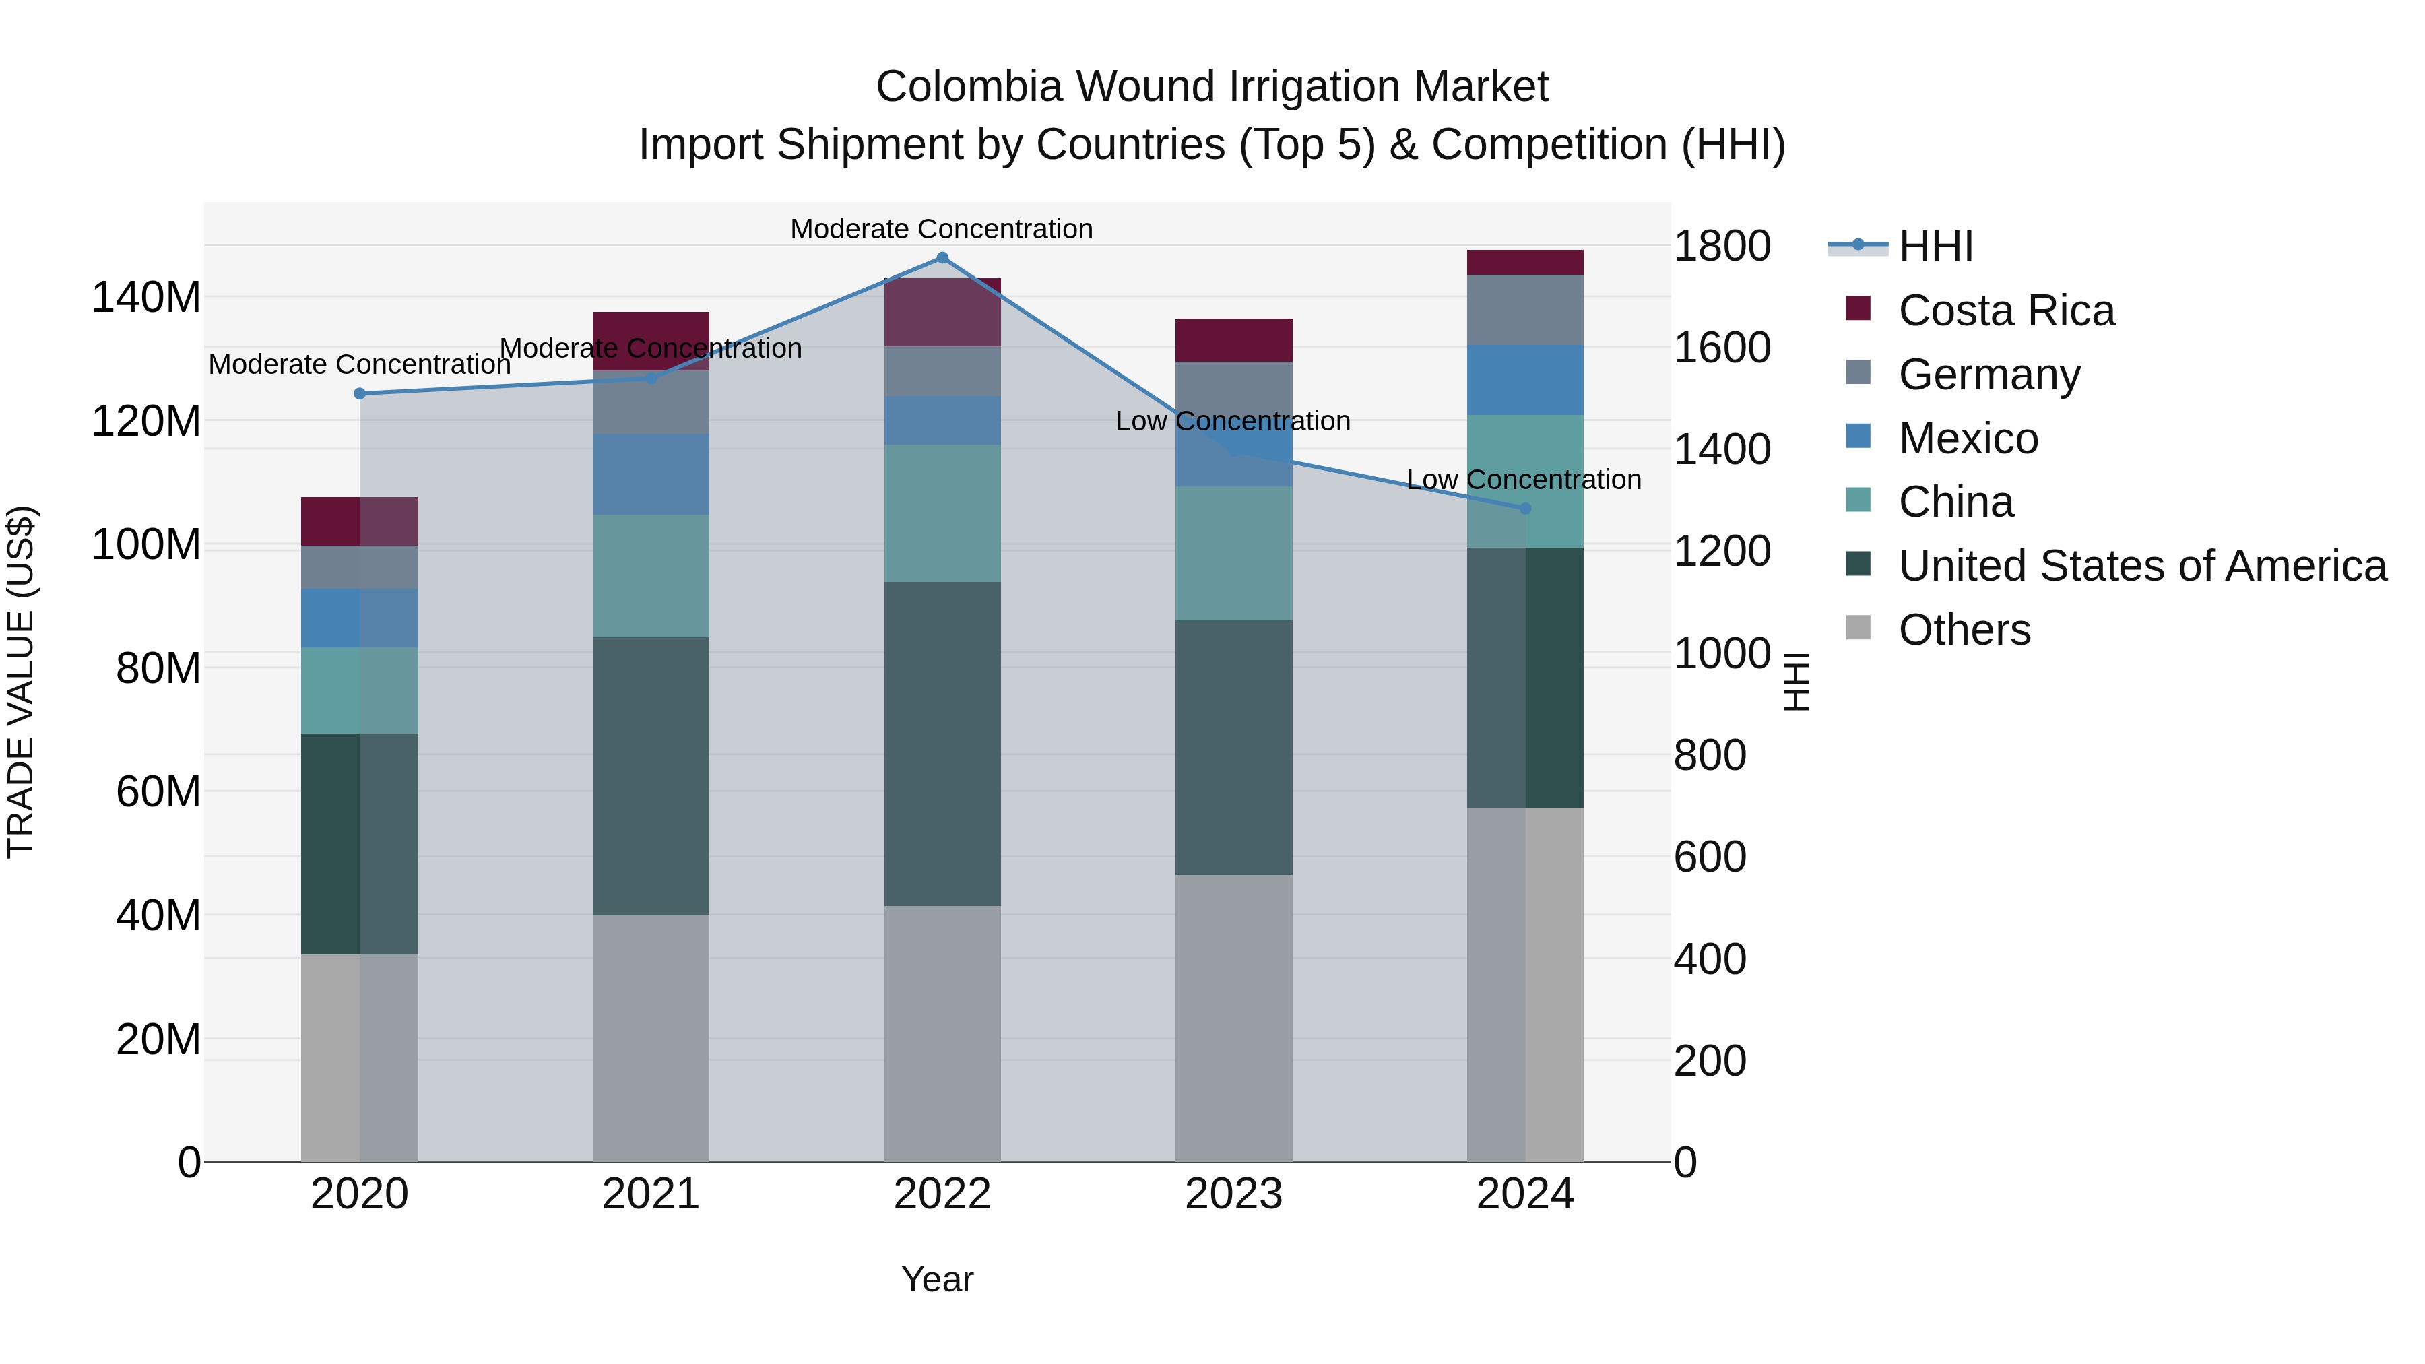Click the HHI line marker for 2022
tap(942, 258)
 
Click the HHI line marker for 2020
tap(360, 393)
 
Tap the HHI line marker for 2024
tap(1525, 509)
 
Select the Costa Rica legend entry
tap(2005, 311)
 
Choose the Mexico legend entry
tap(1968, 439)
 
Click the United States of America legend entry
tap(2141, 566)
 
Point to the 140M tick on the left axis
tap(146, 298)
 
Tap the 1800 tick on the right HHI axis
tap(1722, 247)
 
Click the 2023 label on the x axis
tap(1233, 1194)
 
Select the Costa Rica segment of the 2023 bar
tap(1233, 340)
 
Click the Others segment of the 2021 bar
tap(651, 1037)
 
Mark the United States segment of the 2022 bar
tap(942, 744)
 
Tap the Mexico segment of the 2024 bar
tap(1525, 381)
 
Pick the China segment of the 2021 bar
tap(651, 575)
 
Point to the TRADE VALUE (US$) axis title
tap(21, 682)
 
